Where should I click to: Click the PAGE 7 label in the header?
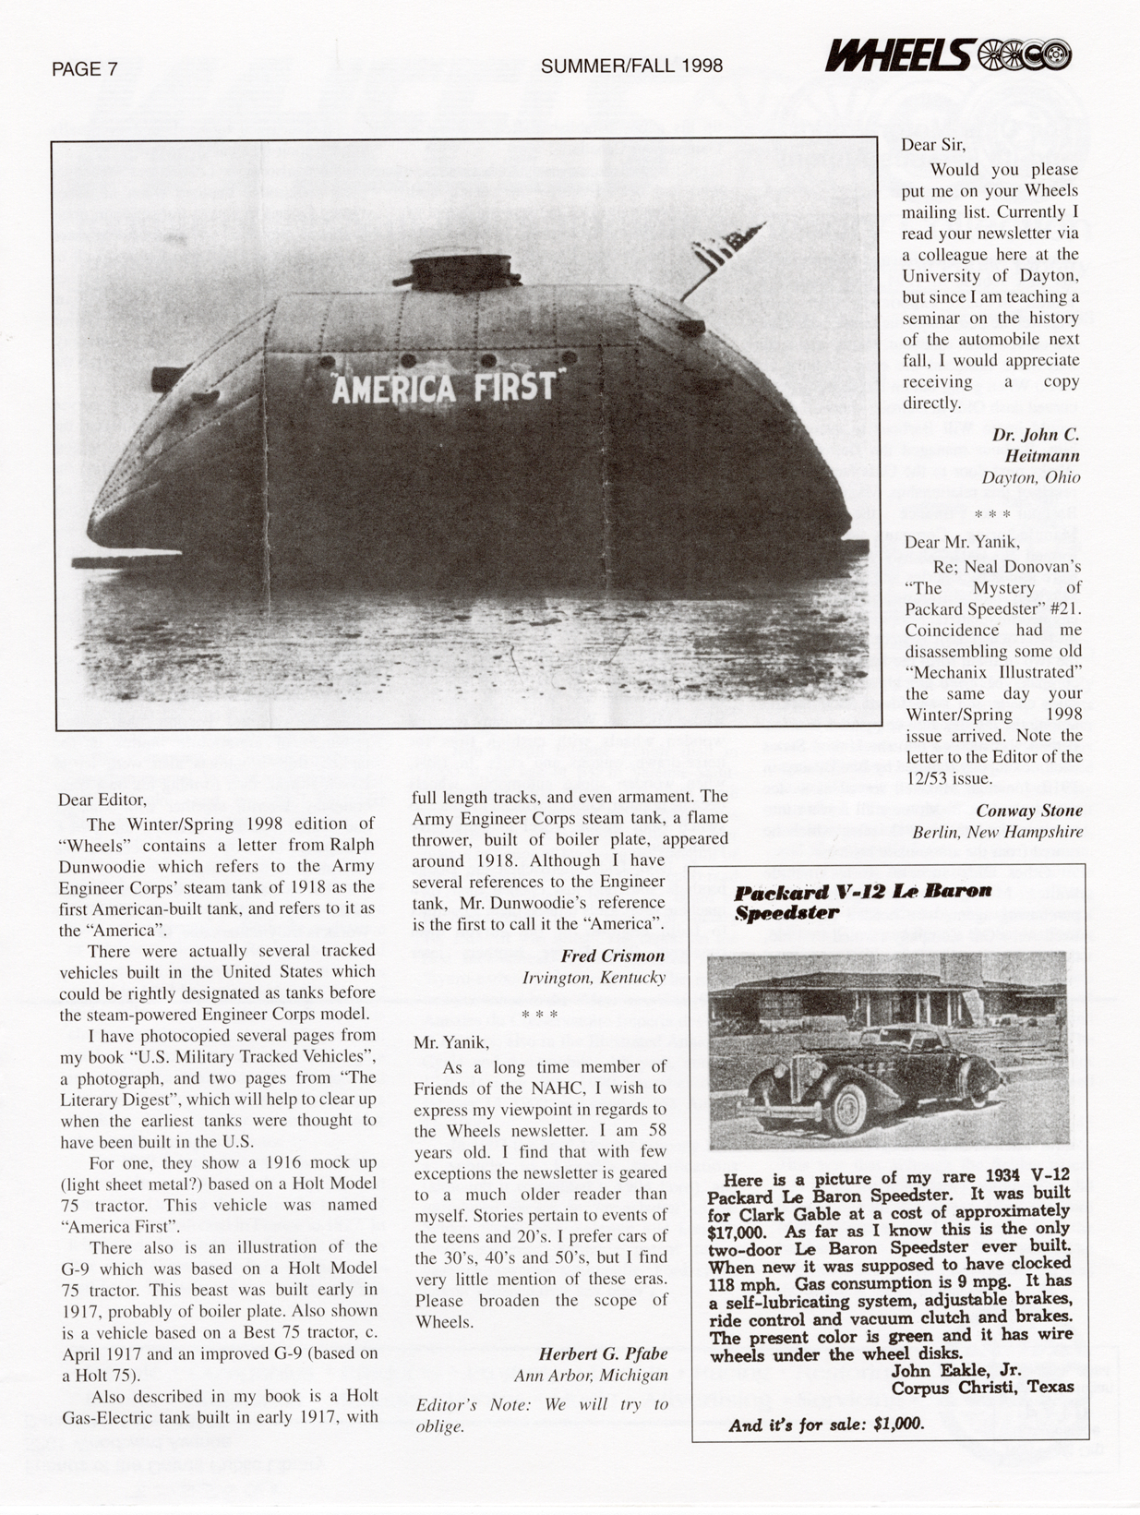coord(85,68)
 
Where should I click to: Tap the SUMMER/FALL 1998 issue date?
coord(631,66)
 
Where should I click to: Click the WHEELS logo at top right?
coord(948,56)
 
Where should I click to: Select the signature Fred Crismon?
coord(613,956)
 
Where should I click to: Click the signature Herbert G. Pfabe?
coord(603,1354)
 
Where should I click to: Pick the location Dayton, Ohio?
coord(1030,477)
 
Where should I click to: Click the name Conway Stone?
coord(1029,811)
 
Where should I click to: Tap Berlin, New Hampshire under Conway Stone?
coord(998,832)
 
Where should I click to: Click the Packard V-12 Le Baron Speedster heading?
coord(862,902)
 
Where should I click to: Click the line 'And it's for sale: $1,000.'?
coord(826,1424)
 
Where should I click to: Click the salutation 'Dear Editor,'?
coord(102,800)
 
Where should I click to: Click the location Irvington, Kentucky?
coord(594,977)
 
